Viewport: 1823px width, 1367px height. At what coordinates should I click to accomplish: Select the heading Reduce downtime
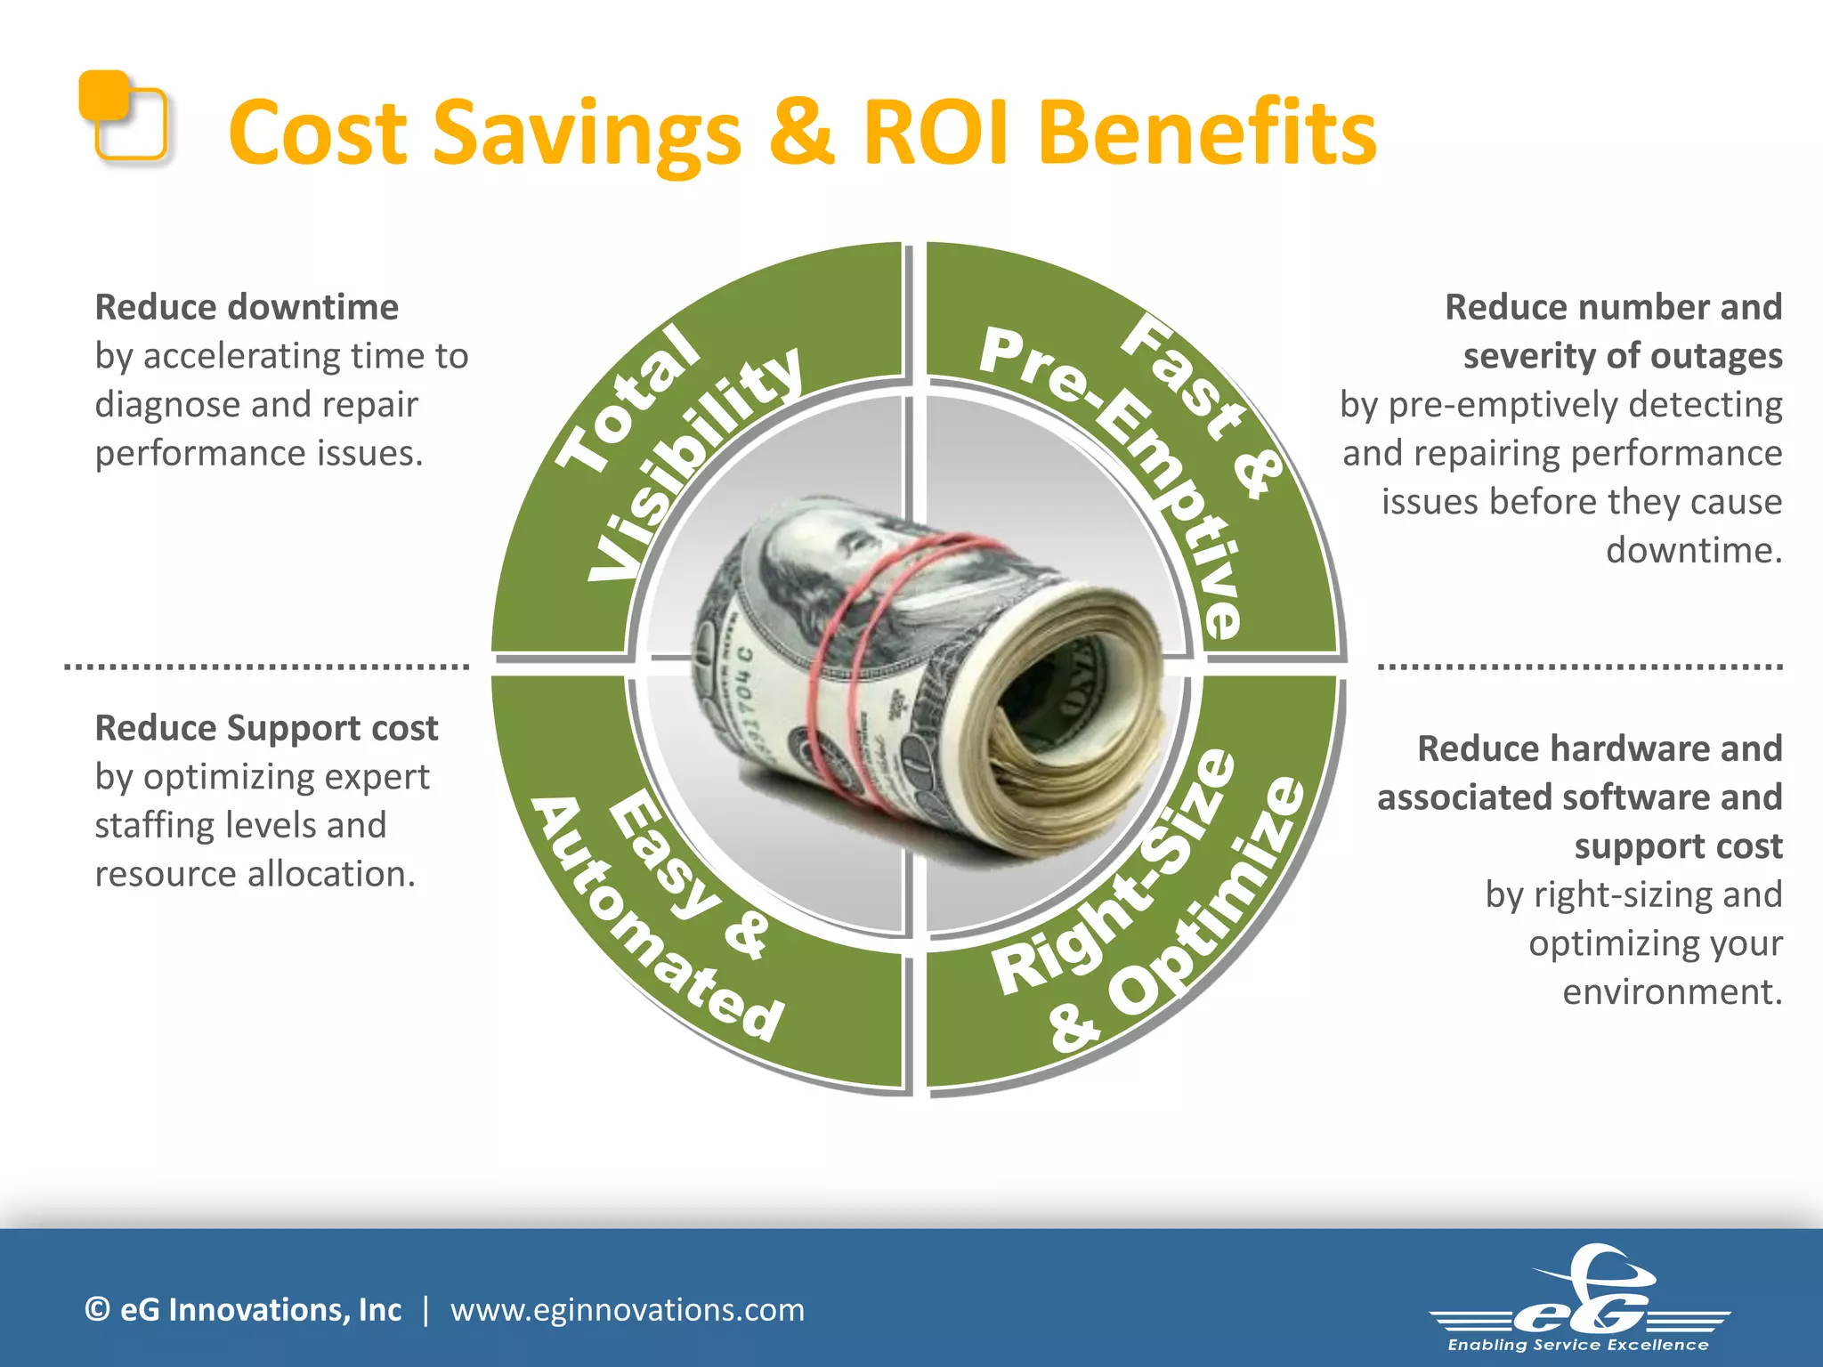pos(247,307)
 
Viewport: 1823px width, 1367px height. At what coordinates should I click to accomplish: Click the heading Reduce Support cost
pos(266,728)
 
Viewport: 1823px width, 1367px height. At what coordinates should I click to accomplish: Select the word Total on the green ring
pos(628,397)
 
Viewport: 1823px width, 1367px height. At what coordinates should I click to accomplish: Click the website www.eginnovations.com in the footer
pos(627,1310)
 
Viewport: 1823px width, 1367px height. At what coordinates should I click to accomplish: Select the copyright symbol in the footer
pos(97,1310)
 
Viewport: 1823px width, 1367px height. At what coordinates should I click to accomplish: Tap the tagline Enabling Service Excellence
pos(1578,1345)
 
